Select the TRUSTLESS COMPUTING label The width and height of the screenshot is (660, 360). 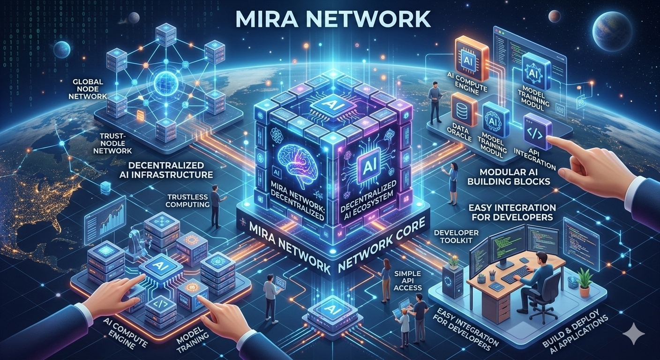click(x=187, y=200)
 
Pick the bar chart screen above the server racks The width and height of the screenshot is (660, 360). click(x=109, y=220)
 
